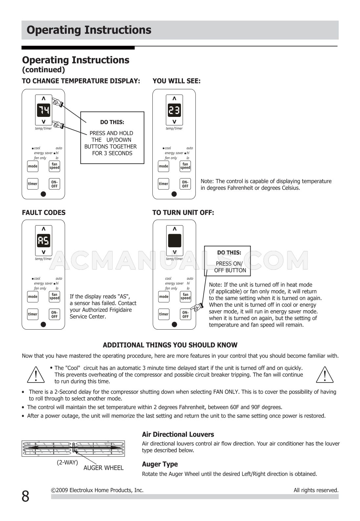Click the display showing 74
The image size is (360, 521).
[43, 110]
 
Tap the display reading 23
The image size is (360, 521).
[174, 110]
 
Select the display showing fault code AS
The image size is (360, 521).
[43, 241]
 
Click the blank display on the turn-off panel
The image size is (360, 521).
[174, 241]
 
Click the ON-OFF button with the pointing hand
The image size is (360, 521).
[186, 315]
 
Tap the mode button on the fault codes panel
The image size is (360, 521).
[33, 297]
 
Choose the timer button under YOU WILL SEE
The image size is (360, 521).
[163, 184]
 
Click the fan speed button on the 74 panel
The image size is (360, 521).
[55, 166]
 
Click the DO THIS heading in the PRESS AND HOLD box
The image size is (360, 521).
[112, 122]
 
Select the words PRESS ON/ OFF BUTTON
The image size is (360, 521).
[230, 267]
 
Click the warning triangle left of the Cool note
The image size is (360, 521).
[35, 374]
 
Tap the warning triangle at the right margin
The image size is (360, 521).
[325, 374]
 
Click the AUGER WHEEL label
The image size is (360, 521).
[103, 468]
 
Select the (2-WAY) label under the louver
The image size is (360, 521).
[67, 462]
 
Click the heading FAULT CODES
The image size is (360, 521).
[44, 213]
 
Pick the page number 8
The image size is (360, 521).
[25, 496]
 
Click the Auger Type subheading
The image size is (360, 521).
[160, 464]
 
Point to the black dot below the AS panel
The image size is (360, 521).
[43, 324]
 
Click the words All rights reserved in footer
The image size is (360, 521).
[316, 490]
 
